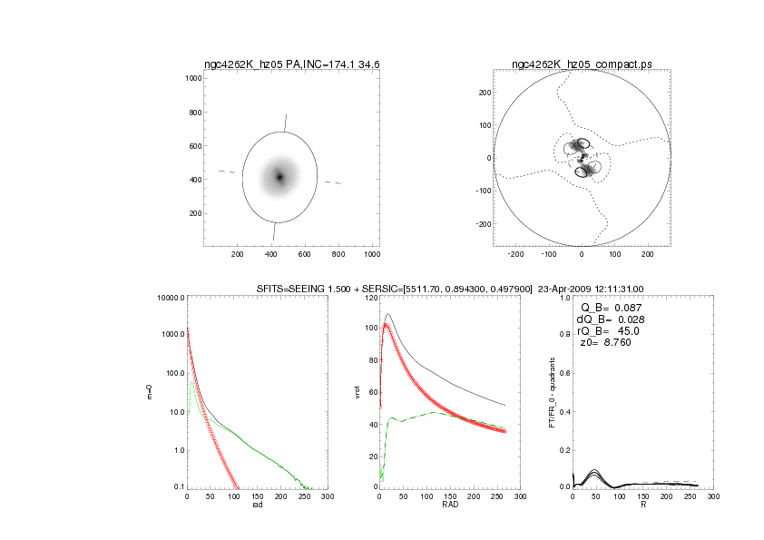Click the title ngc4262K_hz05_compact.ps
581,64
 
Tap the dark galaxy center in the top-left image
279,176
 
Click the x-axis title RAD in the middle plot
450,506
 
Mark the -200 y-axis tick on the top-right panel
484,223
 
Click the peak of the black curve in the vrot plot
387,315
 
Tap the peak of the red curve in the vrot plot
386,324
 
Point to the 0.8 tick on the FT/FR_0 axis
563,336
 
